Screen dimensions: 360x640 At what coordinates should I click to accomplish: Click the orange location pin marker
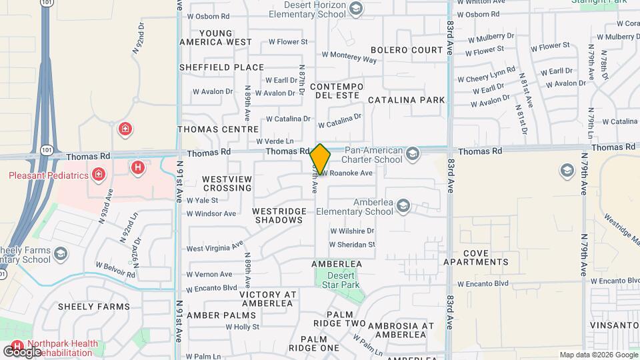(x=320, y=159)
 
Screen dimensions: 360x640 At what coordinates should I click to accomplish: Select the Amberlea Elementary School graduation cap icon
(x=403, y=207)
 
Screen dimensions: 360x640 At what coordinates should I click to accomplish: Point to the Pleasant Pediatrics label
(x=49, y=175)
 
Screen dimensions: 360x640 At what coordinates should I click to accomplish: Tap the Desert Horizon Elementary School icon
(x=356, y=9)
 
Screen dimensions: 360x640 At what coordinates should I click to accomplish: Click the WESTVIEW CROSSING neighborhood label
(x=227, y=183)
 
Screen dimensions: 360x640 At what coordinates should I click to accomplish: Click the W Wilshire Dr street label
(x=353, y=231)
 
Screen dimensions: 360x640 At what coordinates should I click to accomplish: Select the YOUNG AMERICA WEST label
(x=215, y=37)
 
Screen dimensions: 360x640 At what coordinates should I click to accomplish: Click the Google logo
(x=22, y=351)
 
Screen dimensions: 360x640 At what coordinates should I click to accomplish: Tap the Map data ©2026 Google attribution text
(x=599, y=355)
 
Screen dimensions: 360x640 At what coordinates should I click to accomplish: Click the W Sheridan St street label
(x=353, y=245)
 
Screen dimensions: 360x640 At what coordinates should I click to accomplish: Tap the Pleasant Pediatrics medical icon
(x=99, y=175)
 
